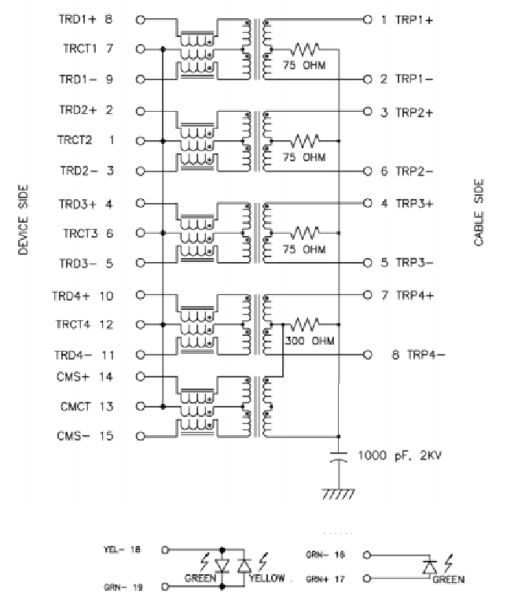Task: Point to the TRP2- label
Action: tap(414, 171)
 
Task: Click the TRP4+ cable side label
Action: tap(414, 295)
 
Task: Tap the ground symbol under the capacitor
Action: tap(339, 494)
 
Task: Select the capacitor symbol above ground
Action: tap(339, 459)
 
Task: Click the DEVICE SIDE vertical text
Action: tap(24, 225)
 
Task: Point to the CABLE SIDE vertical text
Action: tap(479, 213)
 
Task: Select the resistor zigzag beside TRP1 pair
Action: tap(304, 48)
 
